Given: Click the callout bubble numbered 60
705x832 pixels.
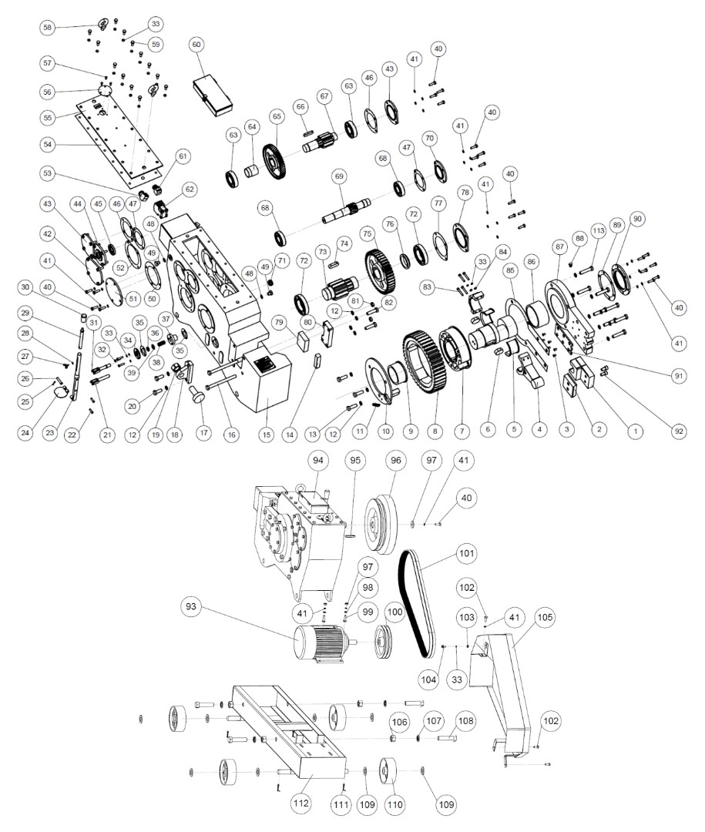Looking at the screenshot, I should pos(197,45).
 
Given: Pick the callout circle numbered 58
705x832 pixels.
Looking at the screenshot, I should pos(49,28).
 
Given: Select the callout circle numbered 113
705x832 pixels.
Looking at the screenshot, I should pos(597,229).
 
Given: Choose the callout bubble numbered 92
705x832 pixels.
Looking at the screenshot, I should pos(677,431).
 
